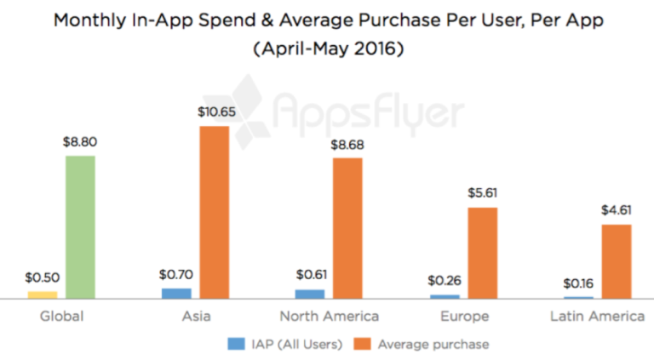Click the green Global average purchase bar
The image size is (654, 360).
point(80,227)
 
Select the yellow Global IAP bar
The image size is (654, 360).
point(43,294)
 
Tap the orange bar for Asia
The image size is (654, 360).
point(214,212)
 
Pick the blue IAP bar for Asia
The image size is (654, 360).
point(176,294)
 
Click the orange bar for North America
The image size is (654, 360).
point(347,228)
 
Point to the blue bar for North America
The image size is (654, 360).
point(310,294)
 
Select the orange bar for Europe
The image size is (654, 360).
point(482,253)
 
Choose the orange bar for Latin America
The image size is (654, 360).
point(617,261)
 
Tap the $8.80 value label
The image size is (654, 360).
point(80,143)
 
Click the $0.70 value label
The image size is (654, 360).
point(176,275)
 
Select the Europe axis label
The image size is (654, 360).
point(465,317)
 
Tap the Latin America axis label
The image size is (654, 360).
point(597,317)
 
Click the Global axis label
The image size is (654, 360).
point(61,317)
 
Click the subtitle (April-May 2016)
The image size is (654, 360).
point(327,50)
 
